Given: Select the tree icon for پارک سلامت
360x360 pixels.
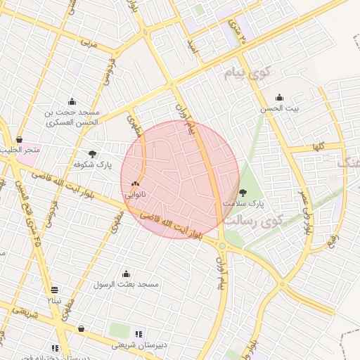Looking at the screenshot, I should pyautogui.click(x=243, y=192).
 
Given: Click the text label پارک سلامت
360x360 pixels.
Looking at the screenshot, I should pyautogui.click(x=243, y=203).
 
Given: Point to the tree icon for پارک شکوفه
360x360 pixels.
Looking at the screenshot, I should pyautogui.click(x=93, y=153).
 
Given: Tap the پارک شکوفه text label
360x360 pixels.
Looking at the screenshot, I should pyautogui.click(x=93, y=164).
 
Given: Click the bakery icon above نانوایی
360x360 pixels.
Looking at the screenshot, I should pyautogui.click(x=135, y=182).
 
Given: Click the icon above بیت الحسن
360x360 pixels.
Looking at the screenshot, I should pyautogui.click(x=279, y=98).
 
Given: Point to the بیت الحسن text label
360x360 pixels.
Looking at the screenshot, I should pyautogui.click(x=279, y=108).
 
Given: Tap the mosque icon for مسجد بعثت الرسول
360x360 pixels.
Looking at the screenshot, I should pyautogui.click(x=127, y=274).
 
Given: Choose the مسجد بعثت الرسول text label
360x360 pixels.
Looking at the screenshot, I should pyautogui.click(x=127, y=284).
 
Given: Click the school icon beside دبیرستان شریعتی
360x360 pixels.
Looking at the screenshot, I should pyautogui.click(x=138, y=333).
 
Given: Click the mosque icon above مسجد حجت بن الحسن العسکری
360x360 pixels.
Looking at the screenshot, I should pyautogui.click(x=72, y=101).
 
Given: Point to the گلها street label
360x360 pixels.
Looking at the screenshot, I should pyautogui.click(x=319, y=148).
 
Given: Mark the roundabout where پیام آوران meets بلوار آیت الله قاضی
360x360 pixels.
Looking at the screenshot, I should pyautogui.click(x=222, y=245).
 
